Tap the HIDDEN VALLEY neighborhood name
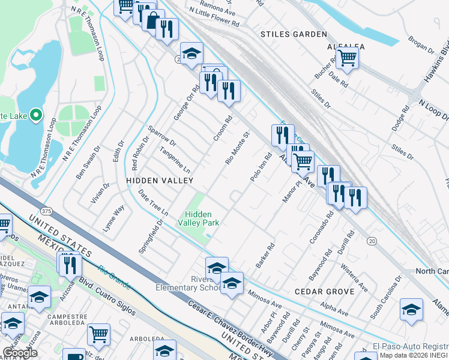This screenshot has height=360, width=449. (x=160, y=180)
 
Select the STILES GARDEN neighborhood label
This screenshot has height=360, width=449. (x=294, y=35)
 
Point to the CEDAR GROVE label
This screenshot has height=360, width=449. (x=318, y=291)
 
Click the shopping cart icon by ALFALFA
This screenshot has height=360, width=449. (x=346, y=58)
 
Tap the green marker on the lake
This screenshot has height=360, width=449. (x=36, y=114)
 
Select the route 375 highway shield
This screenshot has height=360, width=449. (x=46, y=211)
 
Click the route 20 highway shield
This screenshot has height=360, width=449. (x=372, y=241)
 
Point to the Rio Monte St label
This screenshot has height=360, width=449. (x=237, y=149)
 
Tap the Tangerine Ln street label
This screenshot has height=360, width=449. (x=175, y=160)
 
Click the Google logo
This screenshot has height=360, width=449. (x=20, y=353)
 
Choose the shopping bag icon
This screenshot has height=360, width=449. (x=153, y=21)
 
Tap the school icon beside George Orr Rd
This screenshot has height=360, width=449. (x=191, y=54)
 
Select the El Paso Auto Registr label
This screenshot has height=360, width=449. (x=410, y=347)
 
